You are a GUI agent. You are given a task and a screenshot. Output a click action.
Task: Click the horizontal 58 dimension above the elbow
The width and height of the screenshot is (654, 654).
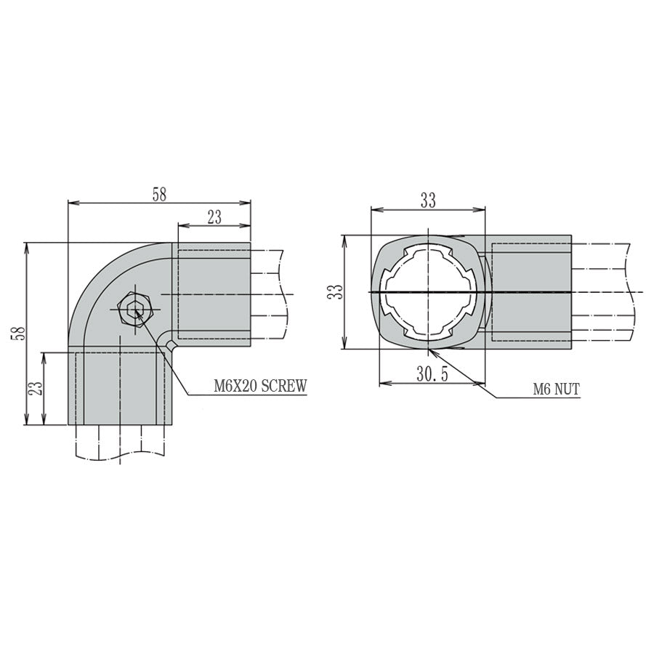(159, 194)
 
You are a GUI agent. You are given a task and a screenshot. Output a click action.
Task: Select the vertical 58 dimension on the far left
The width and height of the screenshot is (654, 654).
(20, 334)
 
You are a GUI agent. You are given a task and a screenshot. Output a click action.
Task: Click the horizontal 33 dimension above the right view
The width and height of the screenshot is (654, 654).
(428, 201)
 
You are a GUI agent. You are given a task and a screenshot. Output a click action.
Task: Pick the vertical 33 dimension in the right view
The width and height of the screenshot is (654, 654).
(334, 292)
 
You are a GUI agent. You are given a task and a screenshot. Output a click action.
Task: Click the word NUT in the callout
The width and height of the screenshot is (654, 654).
(566, 389)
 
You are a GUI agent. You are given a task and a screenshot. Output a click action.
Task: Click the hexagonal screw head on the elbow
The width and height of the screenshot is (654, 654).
(134, 310)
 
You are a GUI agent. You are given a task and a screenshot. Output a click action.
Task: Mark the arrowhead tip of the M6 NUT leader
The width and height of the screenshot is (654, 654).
(429, 350)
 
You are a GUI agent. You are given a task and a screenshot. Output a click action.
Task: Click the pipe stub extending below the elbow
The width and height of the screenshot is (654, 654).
(120, 443)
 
